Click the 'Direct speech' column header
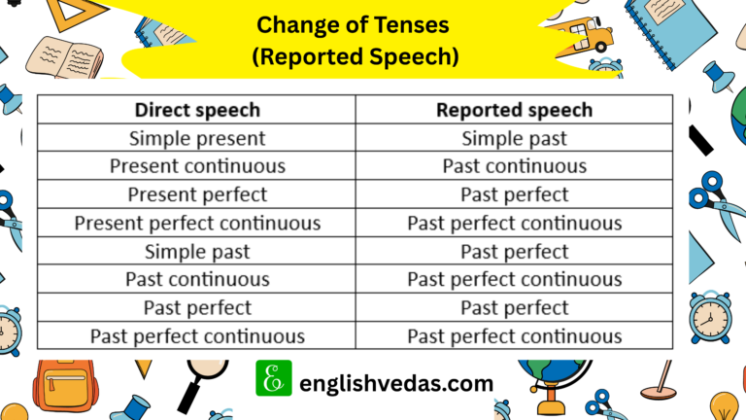(x=197, y=110)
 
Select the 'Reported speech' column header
(x=514, y=110)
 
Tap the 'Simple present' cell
(x=197, y=139)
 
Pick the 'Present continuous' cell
(x=197, y=166)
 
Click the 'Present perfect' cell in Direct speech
(x=197, y=194)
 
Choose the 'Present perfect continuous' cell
(x=197, y=224)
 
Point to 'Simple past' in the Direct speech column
(x=197, y=252)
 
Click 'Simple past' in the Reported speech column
(x=514, y=139)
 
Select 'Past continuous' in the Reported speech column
(x=514, y=166)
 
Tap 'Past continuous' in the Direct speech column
(x=197, y=280)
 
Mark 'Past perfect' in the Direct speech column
(x=197, y=308)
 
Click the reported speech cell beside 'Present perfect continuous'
(x=514, y=224)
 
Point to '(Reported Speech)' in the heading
(x=356, y=56)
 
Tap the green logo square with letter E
(x=274, y=378)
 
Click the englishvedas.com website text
(x=396, y=383)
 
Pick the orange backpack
(x=65, y=385)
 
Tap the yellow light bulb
(x=724, y=405)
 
